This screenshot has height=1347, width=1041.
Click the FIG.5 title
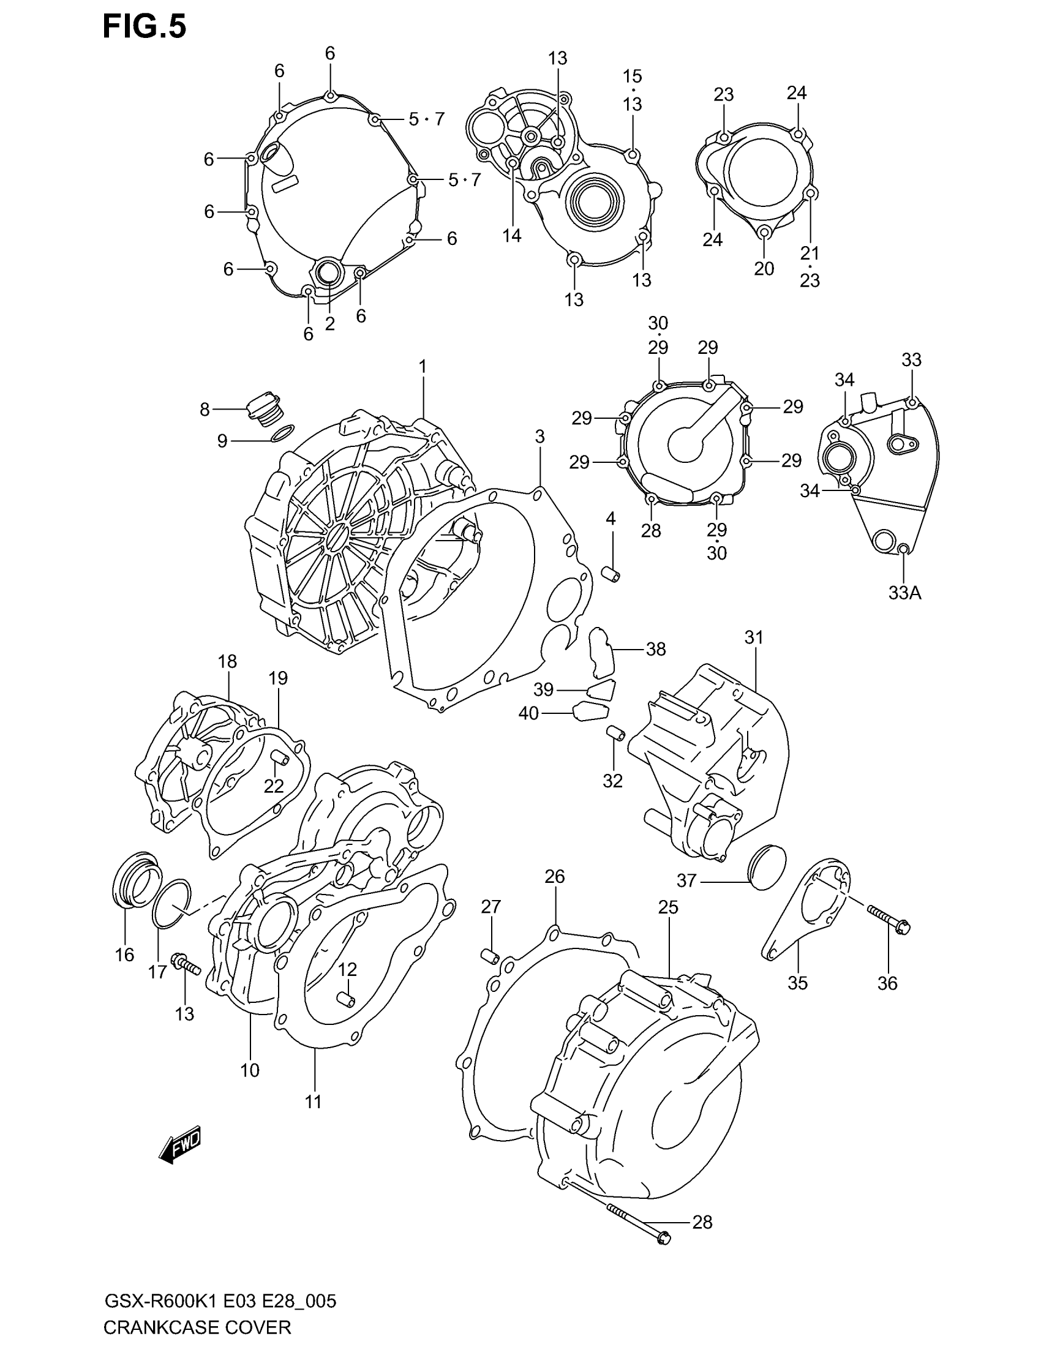[x=145, y=28]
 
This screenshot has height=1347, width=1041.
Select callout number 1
[x=423, y=367]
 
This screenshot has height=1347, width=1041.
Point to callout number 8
[x=205, y=410]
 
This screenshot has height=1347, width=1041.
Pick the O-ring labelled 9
[x=282, y=433]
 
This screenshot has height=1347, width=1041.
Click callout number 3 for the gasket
[x=539, y=437]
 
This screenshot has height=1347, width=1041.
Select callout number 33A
[x=904, y=593]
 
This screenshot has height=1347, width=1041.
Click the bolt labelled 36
[x=889, y=931]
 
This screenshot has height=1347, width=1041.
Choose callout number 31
[x=754, y=638]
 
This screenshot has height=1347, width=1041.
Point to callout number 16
[x=124, y=955]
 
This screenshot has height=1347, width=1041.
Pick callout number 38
[x=656, y=649]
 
